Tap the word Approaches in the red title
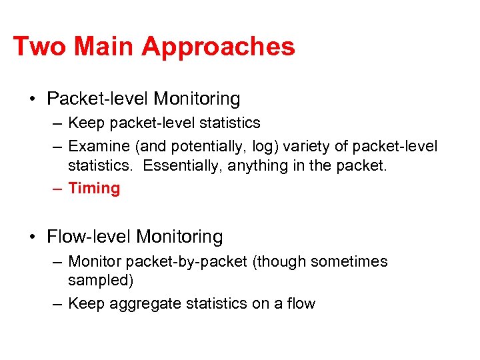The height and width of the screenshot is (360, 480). pos(218,47)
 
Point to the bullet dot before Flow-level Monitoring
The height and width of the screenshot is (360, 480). pos(33,237)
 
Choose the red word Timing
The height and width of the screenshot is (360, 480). pos(94,188)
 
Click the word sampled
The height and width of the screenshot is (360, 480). pos(101,280)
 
